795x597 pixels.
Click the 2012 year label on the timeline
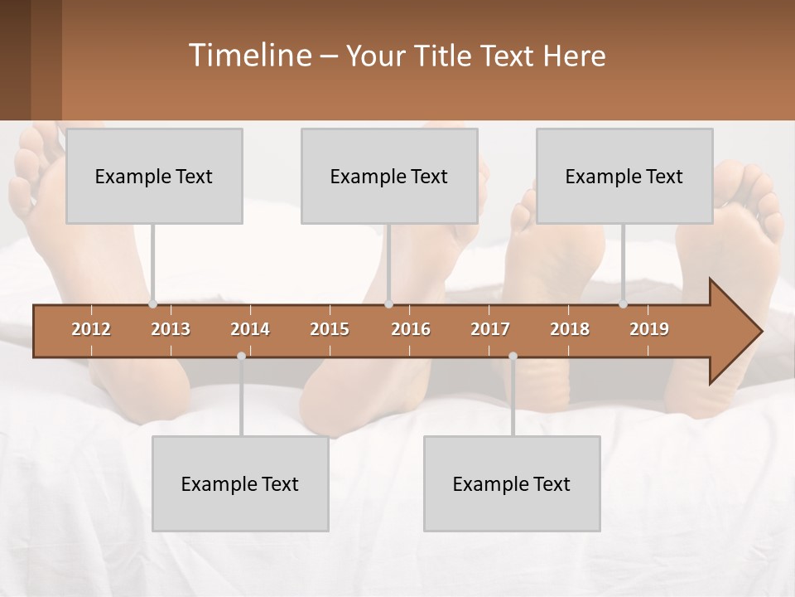coord(91,329)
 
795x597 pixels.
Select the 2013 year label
coord(171,329)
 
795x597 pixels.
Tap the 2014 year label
coord(250,329)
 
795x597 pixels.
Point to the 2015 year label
coord(330,329)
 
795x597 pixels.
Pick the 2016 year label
coord(411,329)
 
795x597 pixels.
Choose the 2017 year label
coord(490,329)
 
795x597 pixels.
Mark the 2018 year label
coord(570,329)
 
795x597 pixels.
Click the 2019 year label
coord(649,329)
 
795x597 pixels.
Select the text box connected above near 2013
coord(154,176)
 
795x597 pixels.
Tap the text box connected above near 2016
coord(389,176)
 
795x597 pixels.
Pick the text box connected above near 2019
coord(624,176)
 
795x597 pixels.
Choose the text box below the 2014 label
coord(240,483)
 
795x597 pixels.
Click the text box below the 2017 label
coord(512,483)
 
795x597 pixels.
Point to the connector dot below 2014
coord(241,356)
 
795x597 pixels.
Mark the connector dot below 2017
coord(513,356)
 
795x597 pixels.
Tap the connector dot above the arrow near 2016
coord(389,304)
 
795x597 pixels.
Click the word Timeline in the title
coord(248,56)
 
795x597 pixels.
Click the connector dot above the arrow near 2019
coord(624,304)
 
